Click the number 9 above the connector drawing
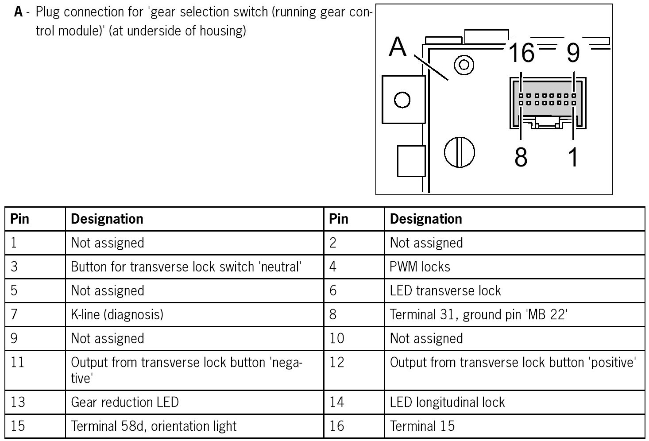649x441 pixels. click(x=573, y=53)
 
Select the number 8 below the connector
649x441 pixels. click(x=521, y=157)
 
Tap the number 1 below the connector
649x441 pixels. click(x=573, y=157)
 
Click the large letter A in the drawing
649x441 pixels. click(x=398, y=47)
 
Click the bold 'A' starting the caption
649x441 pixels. click(x=18, y=12)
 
